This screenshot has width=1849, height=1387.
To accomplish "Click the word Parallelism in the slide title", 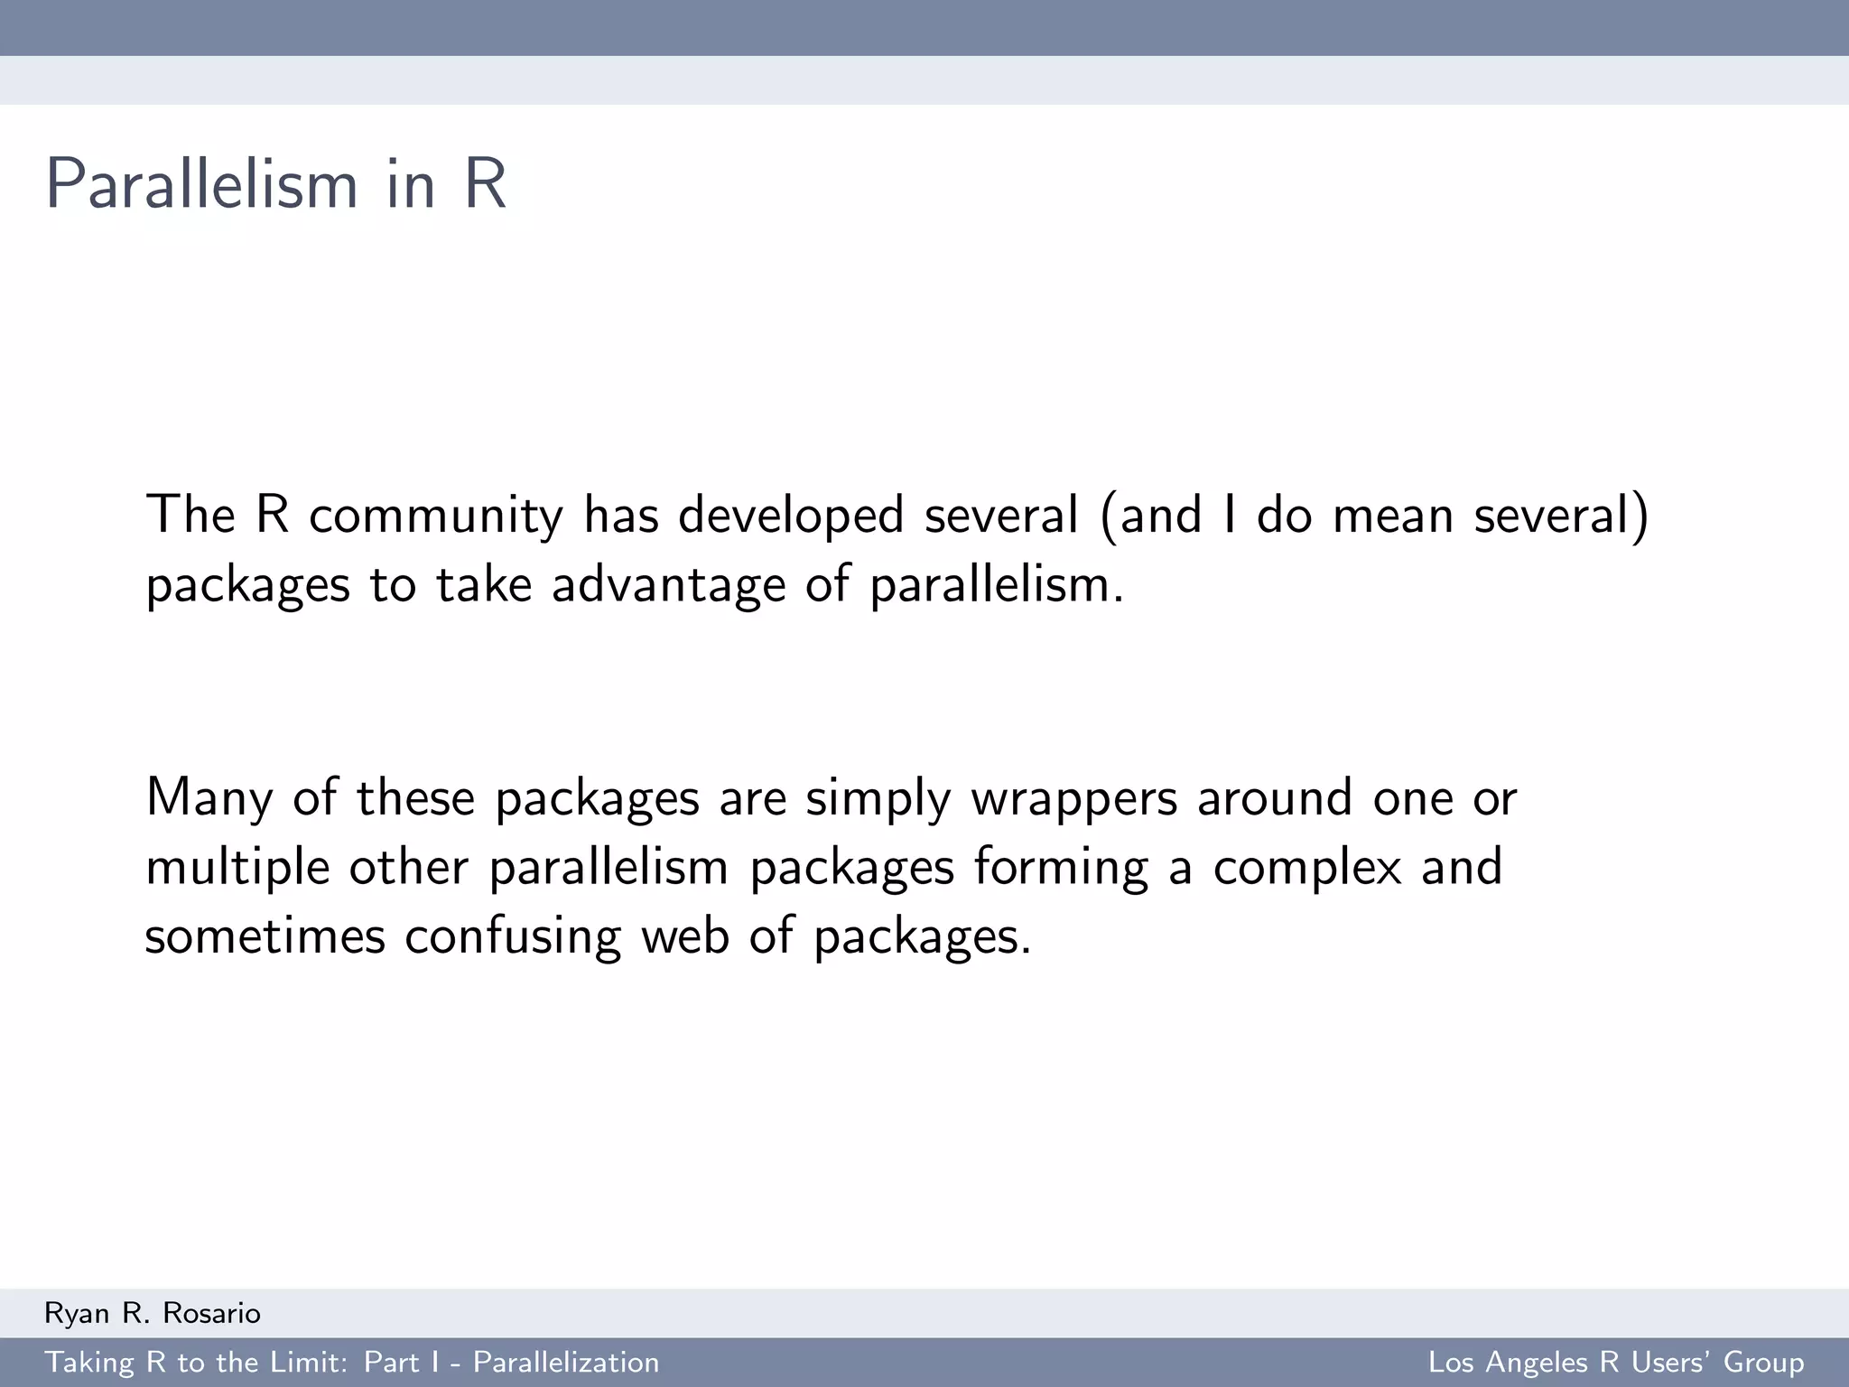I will tap(201, 185).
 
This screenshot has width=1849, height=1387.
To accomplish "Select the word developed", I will tap(791, 516).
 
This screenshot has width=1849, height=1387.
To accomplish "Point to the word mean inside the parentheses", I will tap(1392, 516).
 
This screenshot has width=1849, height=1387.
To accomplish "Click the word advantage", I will tap(668, 585).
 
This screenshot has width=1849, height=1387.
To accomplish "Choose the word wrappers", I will tap(1073, 798).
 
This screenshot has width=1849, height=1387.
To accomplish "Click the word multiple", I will tap(237, 868).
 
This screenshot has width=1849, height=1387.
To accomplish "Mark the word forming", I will tap(1061, 868).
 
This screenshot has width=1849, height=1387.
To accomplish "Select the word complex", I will tap(1306, 868).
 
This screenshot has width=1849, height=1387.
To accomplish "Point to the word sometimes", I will tap(265, 936).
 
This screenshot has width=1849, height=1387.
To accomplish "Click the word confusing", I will tap(512, 936).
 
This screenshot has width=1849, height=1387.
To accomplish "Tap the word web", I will tap(684, 936).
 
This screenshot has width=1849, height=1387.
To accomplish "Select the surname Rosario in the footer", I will tap(211, 1314).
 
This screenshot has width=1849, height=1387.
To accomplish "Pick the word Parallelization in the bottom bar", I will tap(566, 1363).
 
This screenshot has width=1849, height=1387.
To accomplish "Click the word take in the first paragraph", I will tap(483, 585).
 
